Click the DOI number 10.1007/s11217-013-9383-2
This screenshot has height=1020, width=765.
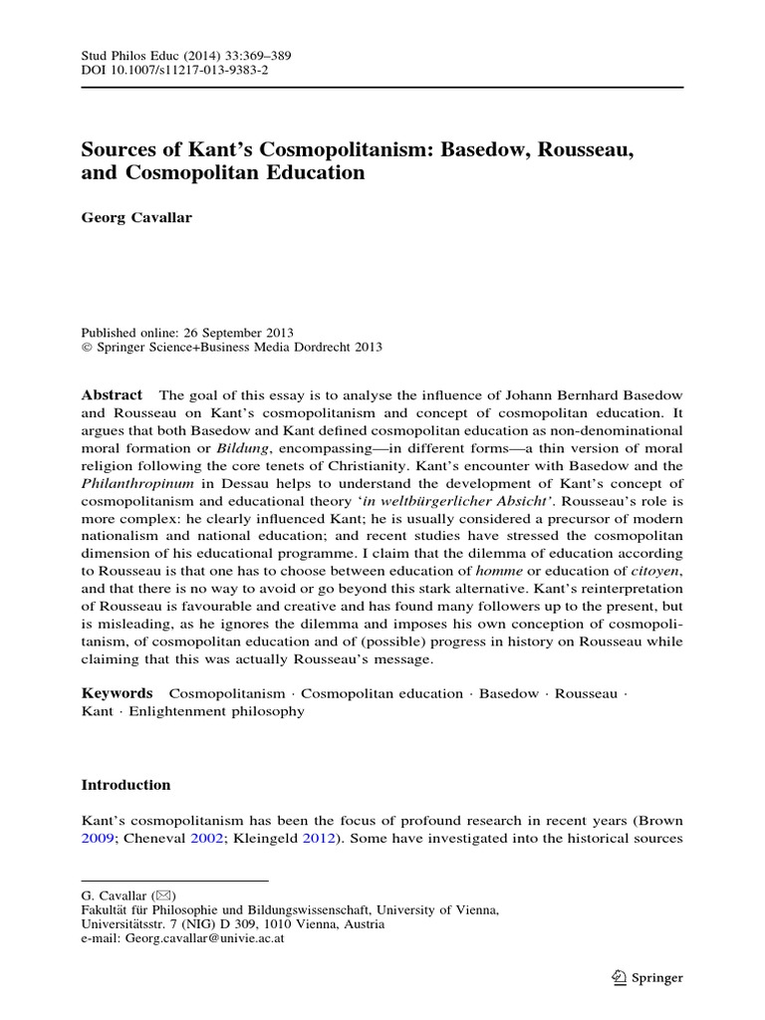click(183, 70)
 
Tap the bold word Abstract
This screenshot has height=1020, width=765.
click(111, 395)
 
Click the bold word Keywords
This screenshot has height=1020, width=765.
click(117, 692)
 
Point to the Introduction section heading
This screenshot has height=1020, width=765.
click(126, 785)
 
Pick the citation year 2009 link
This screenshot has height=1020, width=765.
click(98, 838)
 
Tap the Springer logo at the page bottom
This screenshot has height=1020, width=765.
click(647, 977)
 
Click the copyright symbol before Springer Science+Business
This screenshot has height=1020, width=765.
click(85, 347)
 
